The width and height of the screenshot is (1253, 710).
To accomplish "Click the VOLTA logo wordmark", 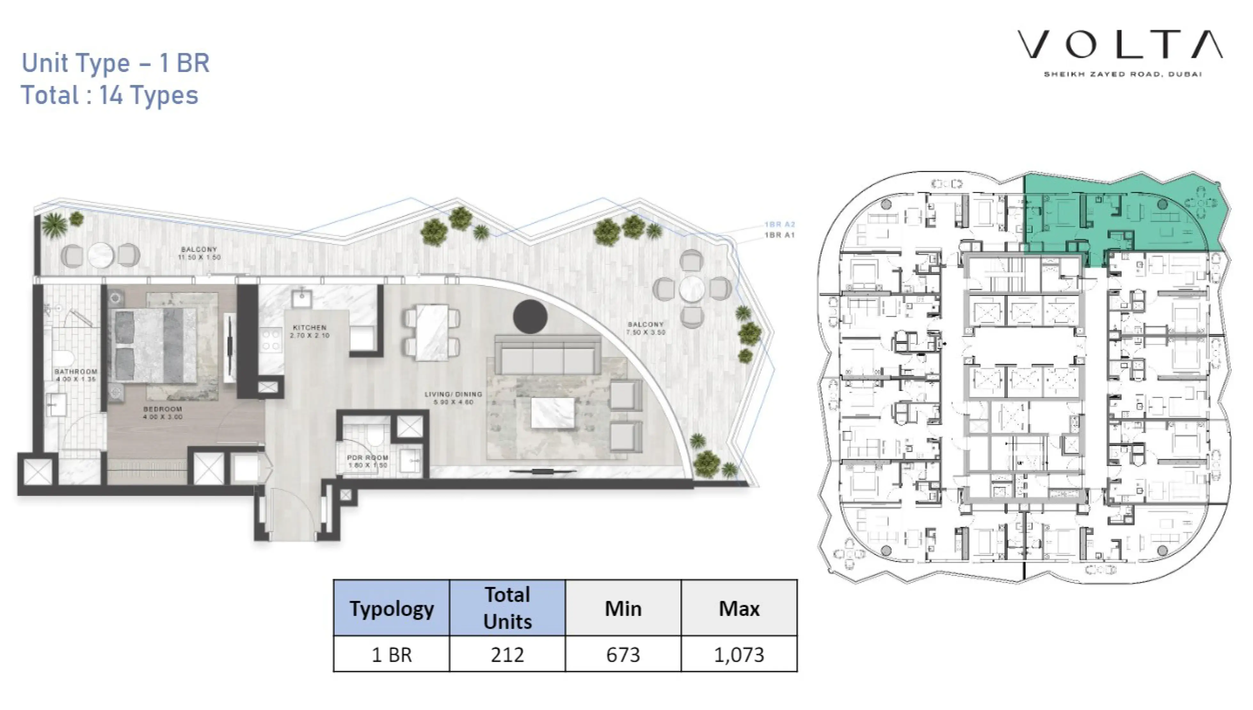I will coord(1120,44).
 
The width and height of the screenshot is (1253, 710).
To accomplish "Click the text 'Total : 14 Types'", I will coord(110,95).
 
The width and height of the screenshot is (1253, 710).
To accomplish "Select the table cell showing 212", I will coord(507,654).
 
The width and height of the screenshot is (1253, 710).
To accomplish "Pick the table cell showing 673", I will coord(623,654).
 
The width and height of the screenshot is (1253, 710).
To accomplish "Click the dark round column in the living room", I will coord(530,316).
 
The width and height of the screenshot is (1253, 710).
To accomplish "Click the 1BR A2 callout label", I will coord(779,224).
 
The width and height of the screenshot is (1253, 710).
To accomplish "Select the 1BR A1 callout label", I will coord(779,235).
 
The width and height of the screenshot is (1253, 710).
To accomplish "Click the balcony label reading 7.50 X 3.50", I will coord(645,328).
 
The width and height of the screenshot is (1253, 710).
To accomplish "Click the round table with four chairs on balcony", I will coord(692,289).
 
